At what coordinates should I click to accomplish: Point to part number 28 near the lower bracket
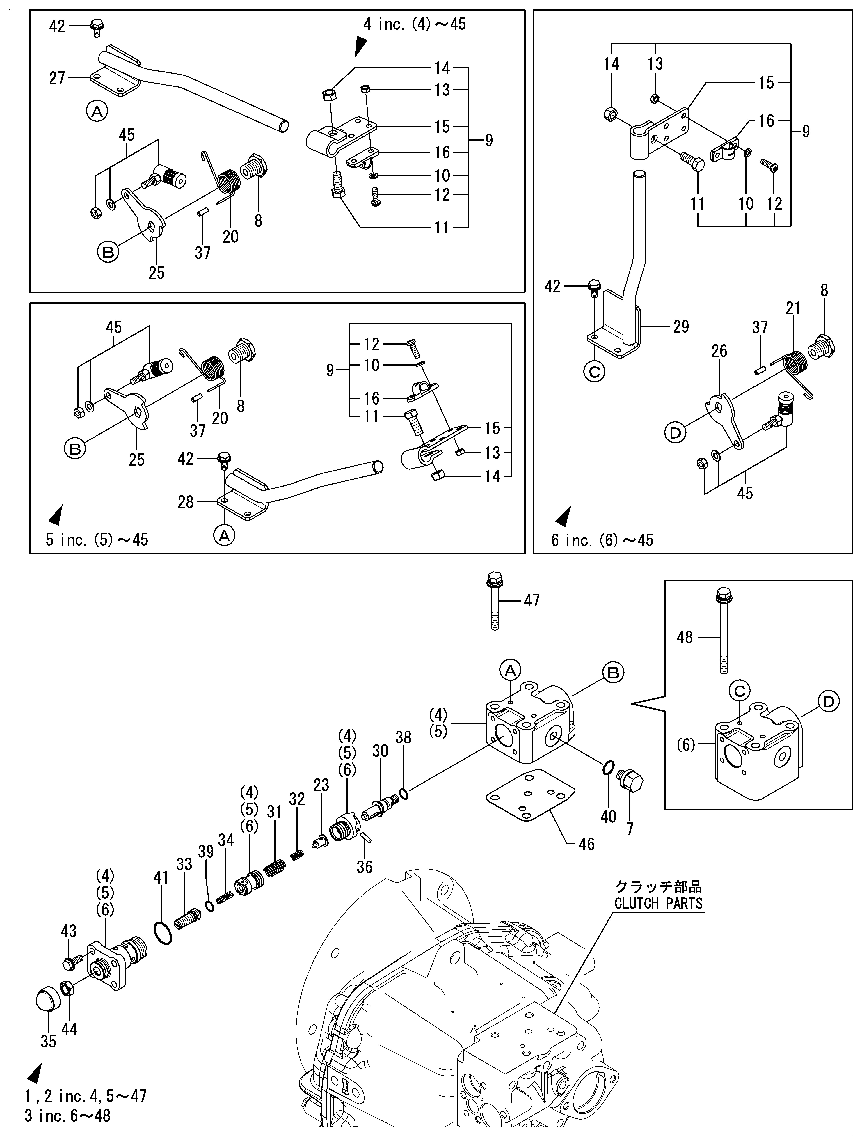[x=186, y=502]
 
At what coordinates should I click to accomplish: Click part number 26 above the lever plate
[x=719, y=351]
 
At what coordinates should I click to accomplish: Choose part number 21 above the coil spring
[x=793, y=309]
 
